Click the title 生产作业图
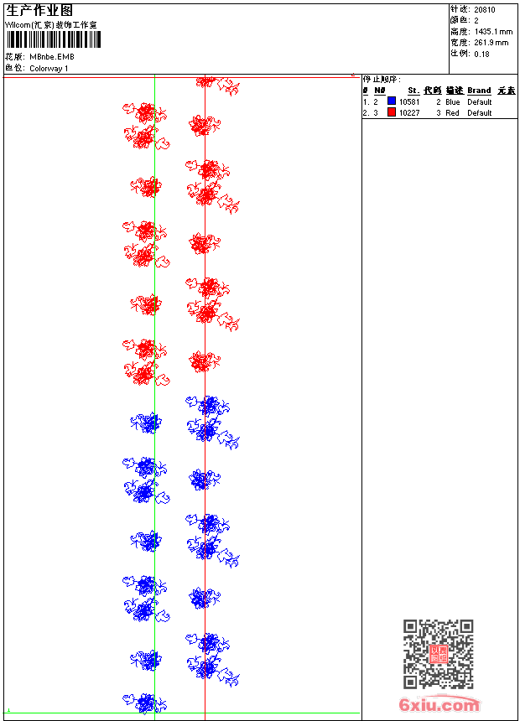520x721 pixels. click(x=39, y=10)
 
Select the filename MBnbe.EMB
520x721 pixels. click(x=52, y=57)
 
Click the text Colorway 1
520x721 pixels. click(x=49, y=68)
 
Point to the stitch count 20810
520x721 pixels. click(x=485, y=9)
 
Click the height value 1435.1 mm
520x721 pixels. click(x=493, y=31)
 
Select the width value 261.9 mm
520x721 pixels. click(x=491, y=42)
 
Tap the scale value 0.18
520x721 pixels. click(x=481, y=54)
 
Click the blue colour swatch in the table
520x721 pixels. click(x=392, y=101)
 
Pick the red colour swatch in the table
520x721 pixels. click(x=392, y=112)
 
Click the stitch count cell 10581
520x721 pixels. click(x=409, y=101)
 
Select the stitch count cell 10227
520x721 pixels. click(x=409, y=112)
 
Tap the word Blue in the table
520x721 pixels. click(x=453, y=101)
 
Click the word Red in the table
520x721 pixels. click(x=452, y=112)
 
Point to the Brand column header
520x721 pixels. click(x=479, y=91)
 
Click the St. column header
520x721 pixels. click(x=413, y=91)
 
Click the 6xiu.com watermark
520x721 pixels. click(x=439, y=705)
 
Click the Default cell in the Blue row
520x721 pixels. click(x=479, y=101)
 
